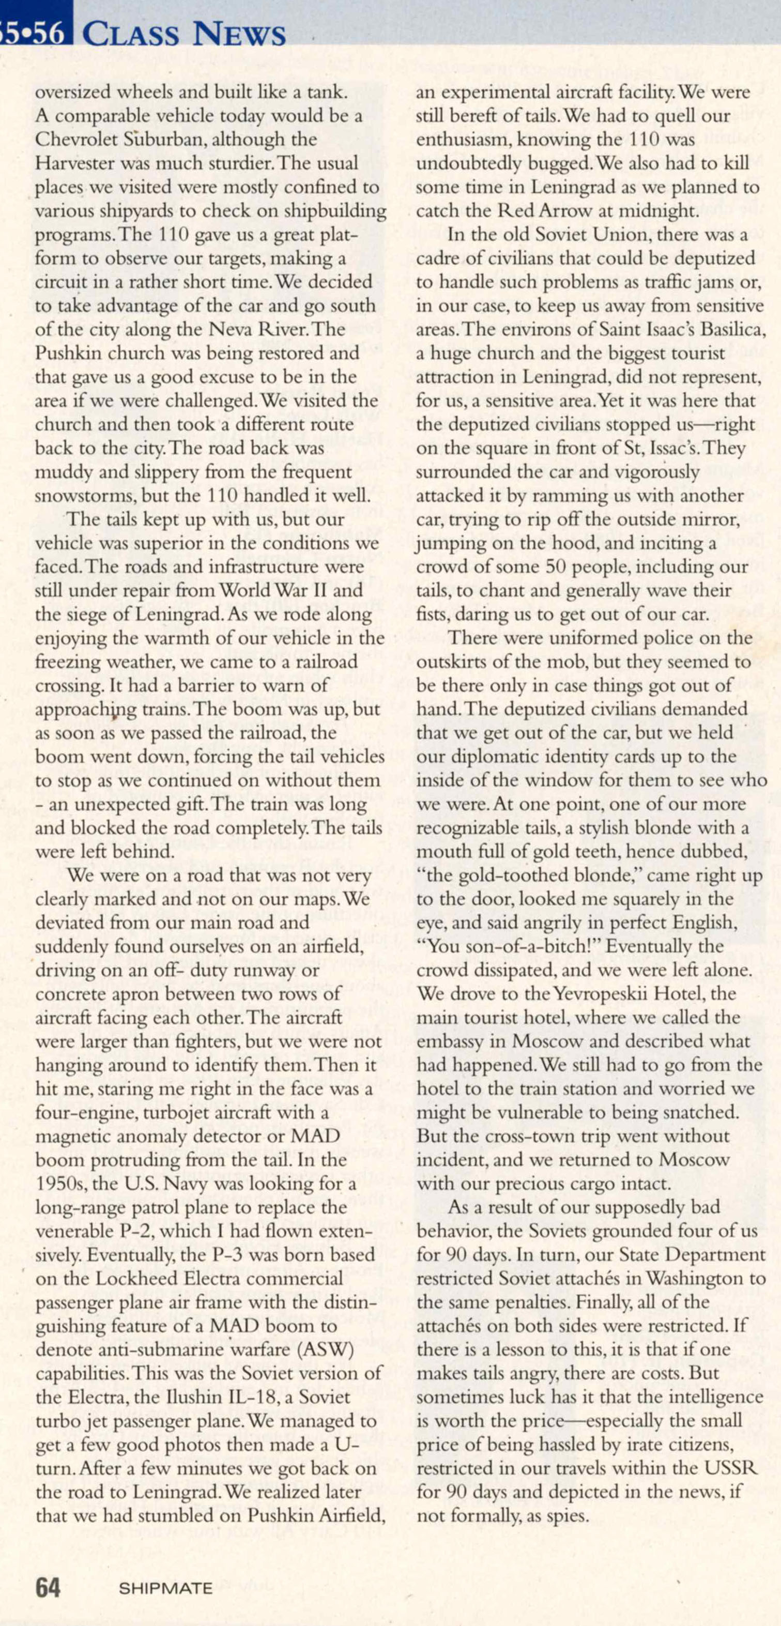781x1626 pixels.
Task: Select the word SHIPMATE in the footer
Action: pos(165,1588)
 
